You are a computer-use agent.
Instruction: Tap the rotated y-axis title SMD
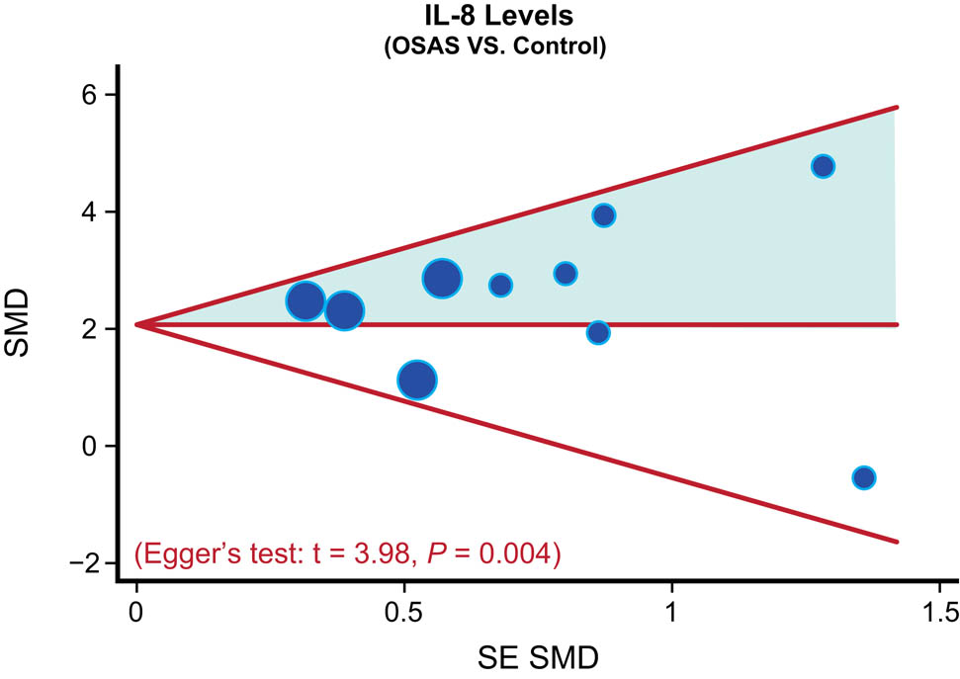click(29, 327)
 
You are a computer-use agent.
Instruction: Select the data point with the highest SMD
click(823, 166)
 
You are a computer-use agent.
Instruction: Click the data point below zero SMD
click(863, 477)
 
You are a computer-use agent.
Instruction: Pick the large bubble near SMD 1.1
click(417, 380)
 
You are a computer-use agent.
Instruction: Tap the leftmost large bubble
click(305, 300)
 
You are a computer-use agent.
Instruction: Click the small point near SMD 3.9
click(603, 215)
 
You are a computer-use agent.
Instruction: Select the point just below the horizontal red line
click(597, 333)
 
